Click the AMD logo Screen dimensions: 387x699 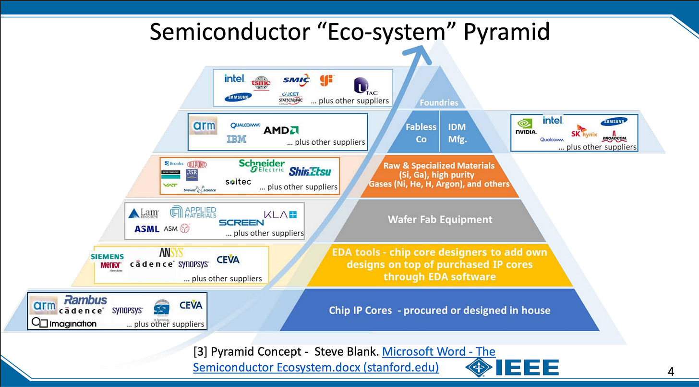point(281,130)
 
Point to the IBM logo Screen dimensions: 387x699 point(236,139)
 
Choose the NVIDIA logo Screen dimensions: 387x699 point(526,127)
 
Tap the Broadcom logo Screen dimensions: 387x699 point(614,136)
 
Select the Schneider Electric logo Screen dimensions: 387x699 point(262,166)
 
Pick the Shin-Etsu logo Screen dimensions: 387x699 point(310,171)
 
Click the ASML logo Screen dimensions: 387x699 point(146,229)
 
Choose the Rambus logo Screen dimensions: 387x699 point(86,300)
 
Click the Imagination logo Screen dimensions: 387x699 point(64,324)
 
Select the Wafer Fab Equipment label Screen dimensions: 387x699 point(440,220)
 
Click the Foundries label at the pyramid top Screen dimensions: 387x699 point(439,102)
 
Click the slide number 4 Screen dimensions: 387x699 point(671,371)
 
